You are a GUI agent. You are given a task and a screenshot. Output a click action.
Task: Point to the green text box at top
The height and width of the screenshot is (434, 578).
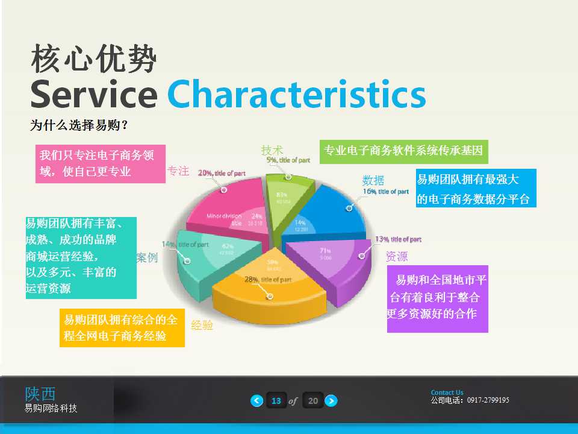(403, 151)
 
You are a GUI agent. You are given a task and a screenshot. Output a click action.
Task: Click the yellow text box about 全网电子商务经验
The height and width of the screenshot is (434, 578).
(122, 328)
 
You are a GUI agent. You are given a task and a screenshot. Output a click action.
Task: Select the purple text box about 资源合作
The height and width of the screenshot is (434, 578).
(437, 298)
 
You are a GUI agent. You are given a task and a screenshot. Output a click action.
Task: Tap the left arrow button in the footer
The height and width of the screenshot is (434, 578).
(257, 400)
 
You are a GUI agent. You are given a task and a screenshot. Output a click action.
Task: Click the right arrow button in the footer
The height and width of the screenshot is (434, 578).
(331, 400)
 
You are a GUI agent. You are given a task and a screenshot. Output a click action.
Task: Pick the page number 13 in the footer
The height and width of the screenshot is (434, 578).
(276, 400)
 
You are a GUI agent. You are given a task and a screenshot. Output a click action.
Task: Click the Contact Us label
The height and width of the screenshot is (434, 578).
(447, 392)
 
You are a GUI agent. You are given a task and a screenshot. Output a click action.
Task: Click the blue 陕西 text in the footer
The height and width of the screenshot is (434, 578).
(40, 394)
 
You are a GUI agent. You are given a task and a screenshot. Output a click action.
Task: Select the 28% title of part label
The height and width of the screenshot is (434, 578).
(268, 280)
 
